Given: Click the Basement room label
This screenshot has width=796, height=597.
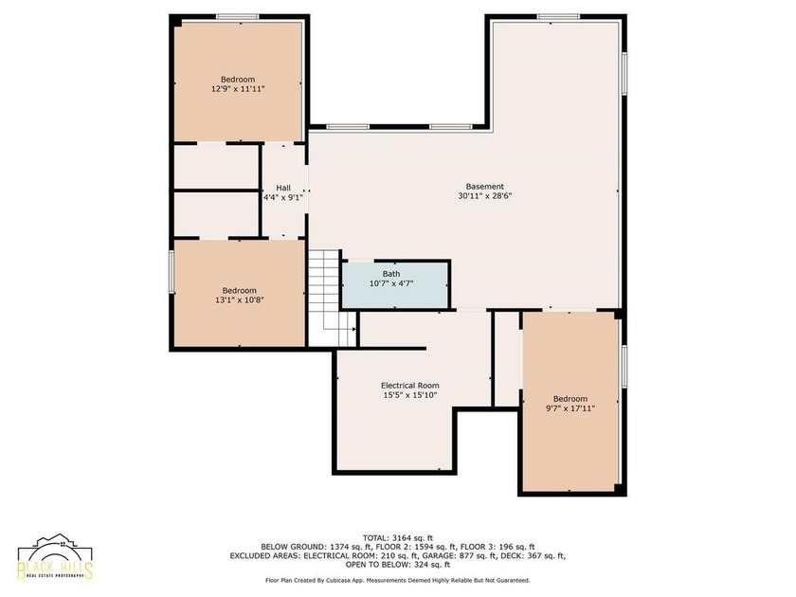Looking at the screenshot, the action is (485, 187).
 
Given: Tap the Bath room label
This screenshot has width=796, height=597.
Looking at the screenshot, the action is (390, 274).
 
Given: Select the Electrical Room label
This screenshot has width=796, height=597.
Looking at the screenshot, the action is (410, 386).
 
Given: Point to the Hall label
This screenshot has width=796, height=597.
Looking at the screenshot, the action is (283, 188).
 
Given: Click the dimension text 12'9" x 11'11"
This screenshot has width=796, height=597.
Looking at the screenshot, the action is (238, 89).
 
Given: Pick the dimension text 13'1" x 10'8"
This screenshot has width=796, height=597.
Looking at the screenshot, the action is (239, 300).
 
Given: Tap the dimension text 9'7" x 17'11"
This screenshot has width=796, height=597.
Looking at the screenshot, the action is (570, 408).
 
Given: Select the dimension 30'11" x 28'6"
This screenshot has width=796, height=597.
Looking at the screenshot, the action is (485, 196).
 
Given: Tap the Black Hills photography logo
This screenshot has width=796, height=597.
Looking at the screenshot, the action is (55, 557).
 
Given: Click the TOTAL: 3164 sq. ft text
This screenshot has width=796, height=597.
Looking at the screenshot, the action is (398, 537).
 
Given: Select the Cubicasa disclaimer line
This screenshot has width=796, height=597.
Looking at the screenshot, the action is (398, 580).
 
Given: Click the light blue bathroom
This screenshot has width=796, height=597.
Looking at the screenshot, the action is (395, 285).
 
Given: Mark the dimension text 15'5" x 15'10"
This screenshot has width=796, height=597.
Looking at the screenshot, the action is (410, 395).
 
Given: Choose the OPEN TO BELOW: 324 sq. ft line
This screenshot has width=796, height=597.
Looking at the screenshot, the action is (398, 565).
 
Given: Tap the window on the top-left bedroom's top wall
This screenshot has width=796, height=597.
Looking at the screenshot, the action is (238, 17).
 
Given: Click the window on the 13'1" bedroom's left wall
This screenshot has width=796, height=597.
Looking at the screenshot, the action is (172, 272).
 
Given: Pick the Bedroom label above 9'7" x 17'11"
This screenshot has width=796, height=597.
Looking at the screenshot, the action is (570, 399).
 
